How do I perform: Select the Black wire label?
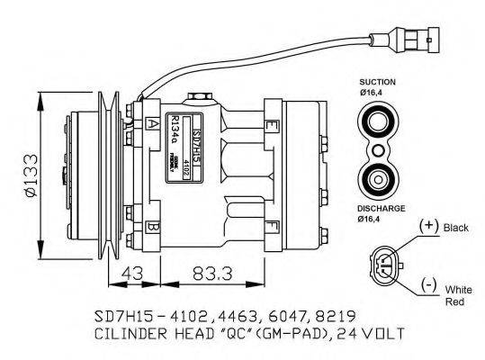coord(457,229)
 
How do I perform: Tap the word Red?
coord(454,304)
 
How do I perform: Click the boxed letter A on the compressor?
coord(154,123)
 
